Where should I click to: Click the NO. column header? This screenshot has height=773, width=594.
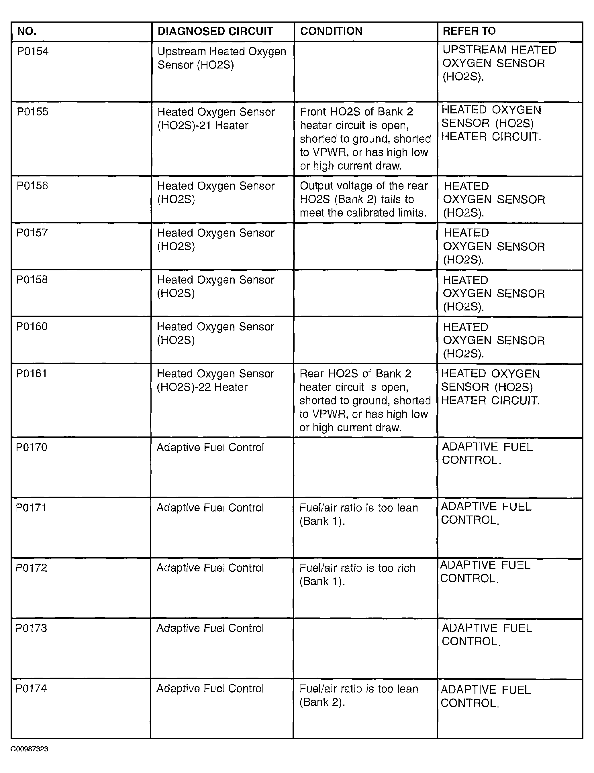click(x=27, y=32)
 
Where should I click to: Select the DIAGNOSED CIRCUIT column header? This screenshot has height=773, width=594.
click(x=215, y=32)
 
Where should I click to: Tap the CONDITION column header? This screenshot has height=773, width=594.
click(x=331, y=32)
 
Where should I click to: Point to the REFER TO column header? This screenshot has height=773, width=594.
click(x=469, y=31)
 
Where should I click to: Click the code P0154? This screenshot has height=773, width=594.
click(x=33, y=52)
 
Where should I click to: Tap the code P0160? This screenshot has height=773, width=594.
click(x=32, y=326)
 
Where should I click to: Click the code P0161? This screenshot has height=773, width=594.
click(x=32, y=373)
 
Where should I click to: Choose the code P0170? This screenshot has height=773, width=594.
click(x=32, y=447)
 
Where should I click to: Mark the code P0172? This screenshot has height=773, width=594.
click(x=32, y=568)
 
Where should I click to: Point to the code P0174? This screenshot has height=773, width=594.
click(x=31, y=689)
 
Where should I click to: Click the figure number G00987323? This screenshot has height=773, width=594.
click(x=29, y=749)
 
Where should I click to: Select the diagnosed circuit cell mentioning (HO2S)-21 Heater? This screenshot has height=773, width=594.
click(x=216, y=119)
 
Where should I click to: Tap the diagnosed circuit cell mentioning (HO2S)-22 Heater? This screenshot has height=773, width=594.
click(x=215, y=380)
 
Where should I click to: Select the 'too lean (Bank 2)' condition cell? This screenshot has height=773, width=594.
click(x=358, y=695)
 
